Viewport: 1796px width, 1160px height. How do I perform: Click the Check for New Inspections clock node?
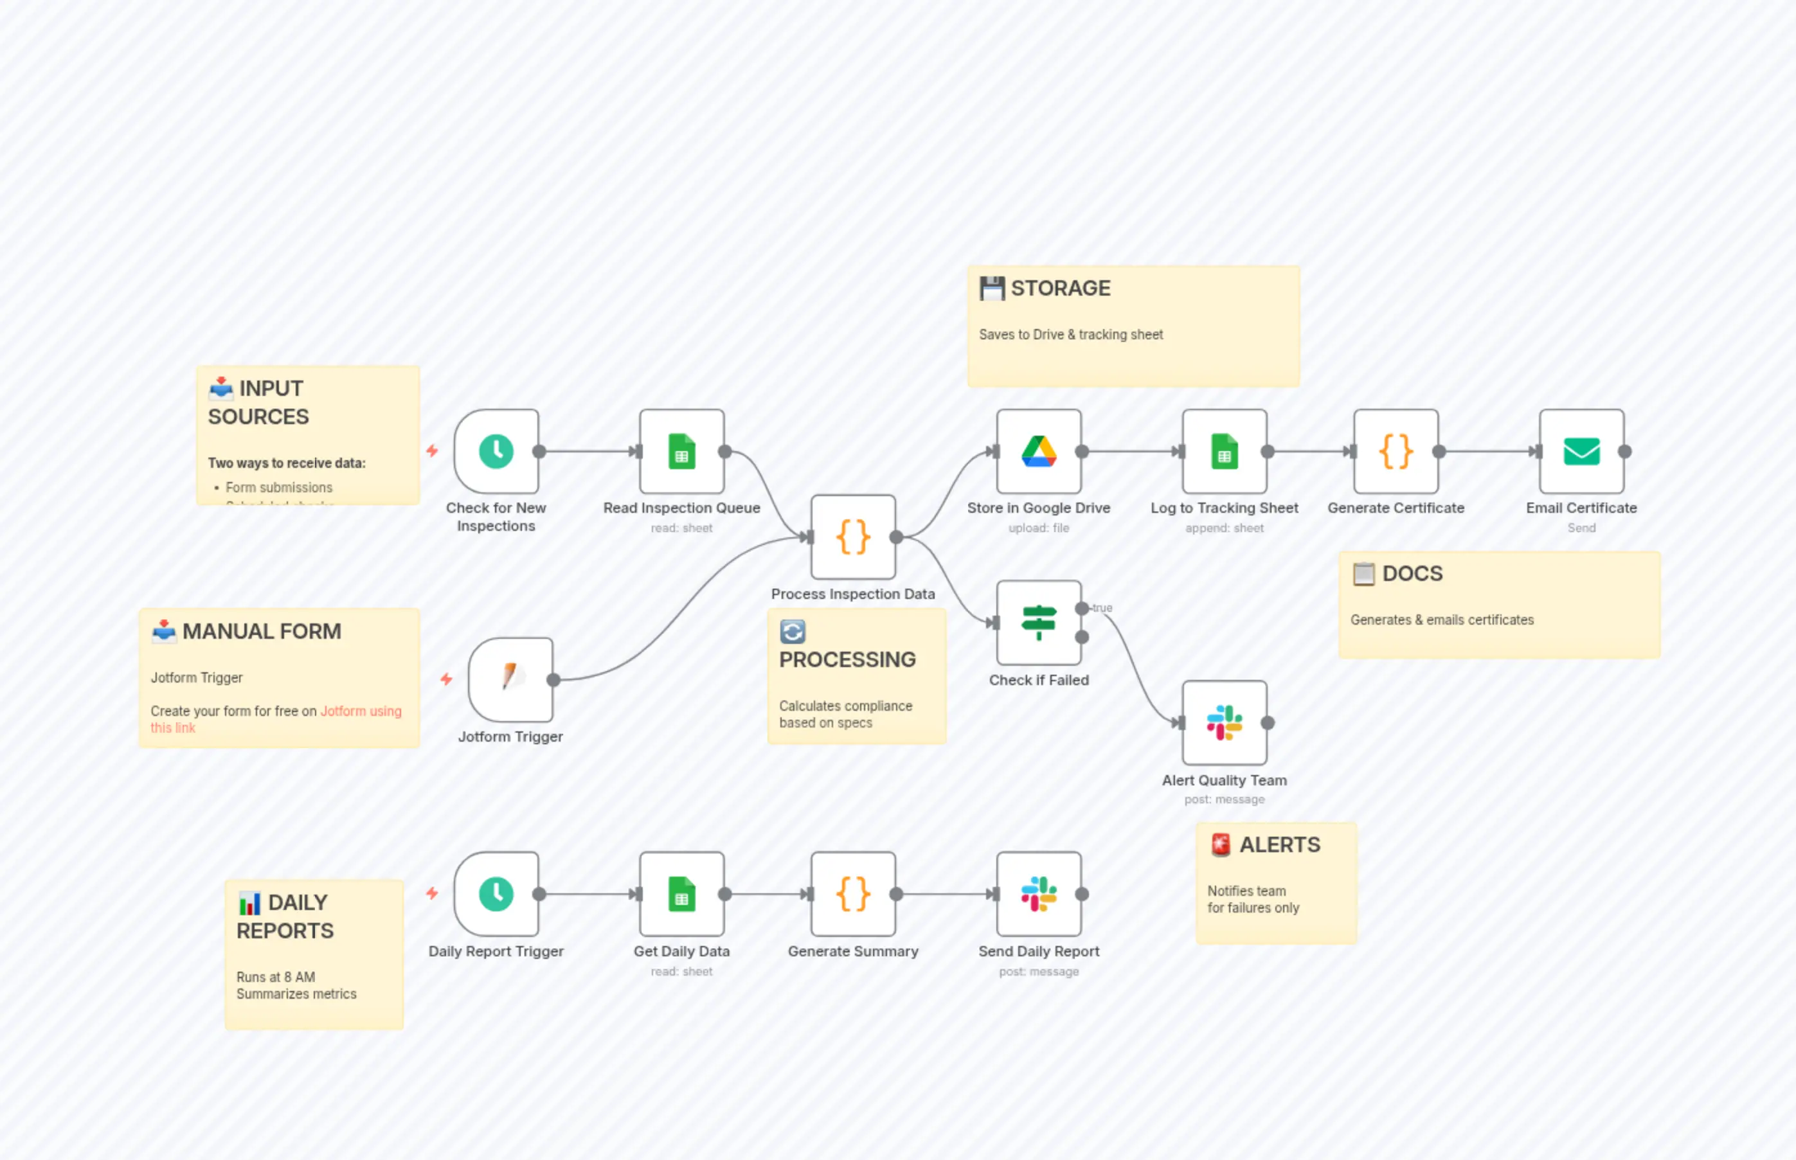click(x=496, y=452)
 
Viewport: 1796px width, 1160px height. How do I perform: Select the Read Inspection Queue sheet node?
click(x=682, y=452)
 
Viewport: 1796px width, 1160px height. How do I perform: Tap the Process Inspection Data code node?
click(x=853, y=537)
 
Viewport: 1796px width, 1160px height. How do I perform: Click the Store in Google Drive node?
click(x=1039, y=452)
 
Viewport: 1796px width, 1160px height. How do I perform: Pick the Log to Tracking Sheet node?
click(x=1224, y=452)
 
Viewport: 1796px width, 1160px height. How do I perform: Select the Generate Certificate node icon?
click(x=1396, y=452)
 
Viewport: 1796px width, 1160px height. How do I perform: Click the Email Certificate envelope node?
click(x=1581, y=452)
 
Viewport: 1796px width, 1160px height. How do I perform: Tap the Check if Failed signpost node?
click(x=1039, y=623)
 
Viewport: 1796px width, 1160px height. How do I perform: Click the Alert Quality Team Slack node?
click(x=1224, y=723)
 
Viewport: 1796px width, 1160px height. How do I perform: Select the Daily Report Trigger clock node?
click(x=496, y=894)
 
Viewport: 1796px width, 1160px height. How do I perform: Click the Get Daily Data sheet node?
click(x=682, y=894)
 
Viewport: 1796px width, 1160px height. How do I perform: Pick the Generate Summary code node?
click(x=853, y=894)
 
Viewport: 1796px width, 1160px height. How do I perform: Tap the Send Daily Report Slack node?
click(x=1039, y=894)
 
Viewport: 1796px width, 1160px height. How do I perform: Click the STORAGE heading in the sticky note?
click(x=1060, y=289)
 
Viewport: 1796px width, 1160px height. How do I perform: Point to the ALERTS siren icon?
click(x=1221, y=845)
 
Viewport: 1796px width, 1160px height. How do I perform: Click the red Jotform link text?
click(x=360, y=711)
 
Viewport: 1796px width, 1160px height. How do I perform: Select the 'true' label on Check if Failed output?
click(x=1102, y=608)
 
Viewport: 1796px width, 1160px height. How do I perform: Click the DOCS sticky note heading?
click(x=1412, y=574)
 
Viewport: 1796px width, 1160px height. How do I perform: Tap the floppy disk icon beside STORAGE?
click(x=991, y=289)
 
